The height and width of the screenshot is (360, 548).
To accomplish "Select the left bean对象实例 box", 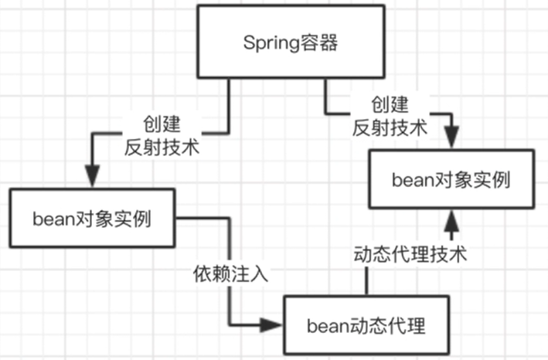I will [x=90, y=217].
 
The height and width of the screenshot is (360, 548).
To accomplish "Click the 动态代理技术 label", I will [x=410, y=255].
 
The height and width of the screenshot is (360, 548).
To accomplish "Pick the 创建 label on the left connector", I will [x=162, y=124].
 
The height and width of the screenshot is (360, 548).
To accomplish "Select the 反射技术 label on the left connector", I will [x=162, y=147].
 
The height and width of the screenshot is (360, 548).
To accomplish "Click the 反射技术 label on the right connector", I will [x=390, y=127].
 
